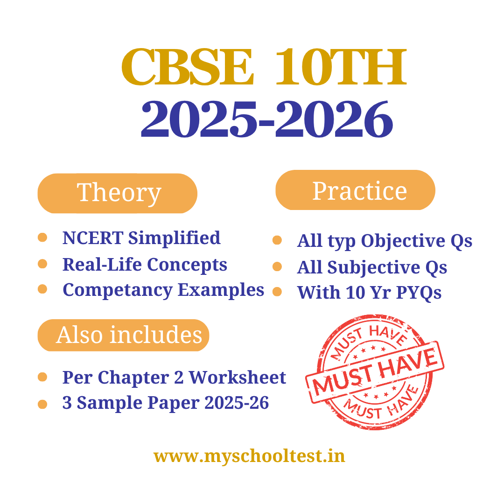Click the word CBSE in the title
188,67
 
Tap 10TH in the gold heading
341,67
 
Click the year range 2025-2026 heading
267,119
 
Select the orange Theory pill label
117,193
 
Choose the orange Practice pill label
355,190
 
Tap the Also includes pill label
123,335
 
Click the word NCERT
93,238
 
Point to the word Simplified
174,238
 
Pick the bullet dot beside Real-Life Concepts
42,264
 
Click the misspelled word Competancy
118,291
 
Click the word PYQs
419,293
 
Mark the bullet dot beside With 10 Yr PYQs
277,292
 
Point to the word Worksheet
237,377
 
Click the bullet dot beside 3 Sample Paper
42,404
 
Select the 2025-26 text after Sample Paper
237,403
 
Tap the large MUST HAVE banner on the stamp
375,372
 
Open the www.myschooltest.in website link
249,456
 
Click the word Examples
221,290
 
